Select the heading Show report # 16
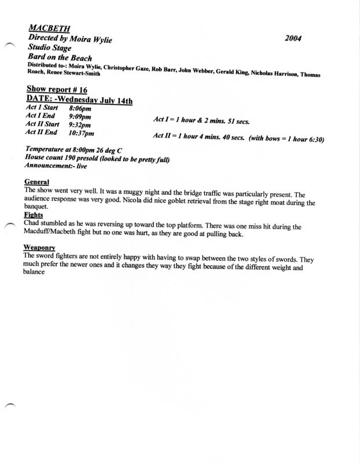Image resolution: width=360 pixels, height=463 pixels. click(54, 90)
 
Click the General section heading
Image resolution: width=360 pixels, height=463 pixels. click(36, 181)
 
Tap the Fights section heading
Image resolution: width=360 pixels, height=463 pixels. click(34, 214)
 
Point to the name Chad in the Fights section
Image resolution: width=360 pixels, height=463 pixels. click(33, 223)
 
